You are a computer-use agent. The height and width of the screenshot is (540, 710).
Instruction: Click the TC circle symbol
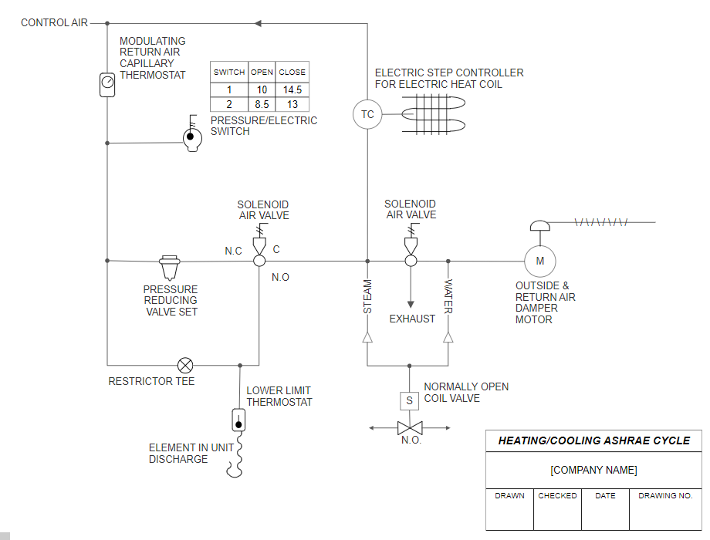coord(367,114)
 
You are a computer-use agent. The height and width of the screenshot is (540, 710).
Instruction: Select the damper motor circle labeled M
coord(539,261)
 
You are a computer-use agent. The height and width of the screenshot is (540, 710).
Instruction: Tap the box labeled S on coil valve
coord(409,400)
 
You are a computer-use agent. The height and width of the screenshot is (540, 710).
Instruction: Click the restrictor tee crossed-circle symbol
coord(185,365)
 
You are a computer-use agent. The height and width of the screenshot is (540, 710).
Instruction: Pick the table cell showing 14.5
coord(292,89)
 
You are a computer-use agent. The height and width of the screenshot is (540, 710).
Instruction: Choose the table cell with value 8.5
coord(262,104)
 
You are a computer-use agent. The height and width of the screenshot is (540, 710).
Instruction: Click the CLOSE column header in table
coord(292,72)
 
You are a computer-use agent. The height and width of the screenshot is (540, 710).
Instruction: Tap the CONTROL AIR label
coord(54,22)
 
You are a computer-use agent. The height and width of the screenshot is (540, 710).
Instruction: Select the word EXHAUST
coord(412,319)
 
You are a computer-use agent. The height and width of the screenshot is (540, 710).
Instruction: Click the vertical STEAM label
coord(367,296)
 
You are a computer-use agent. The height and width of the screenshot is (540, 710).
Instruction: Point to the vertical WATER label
coord(448,296)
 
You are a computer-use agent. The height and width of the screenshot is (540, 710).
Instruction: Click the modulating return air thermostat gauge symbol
coord(107,83)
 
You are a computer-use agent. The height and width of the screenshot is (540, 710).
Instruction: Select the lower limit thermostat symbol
coord(238,420)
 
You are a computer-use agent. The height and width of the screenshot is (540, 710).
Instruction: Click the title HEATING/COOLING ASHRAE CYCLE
coord(593,440)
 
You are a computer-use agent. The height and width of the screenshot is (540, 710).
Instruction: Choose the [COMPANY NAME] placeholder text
coord(593,470)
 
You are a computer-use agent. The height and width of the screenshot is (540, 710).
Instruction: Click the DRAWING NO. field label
coord(665,496)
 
